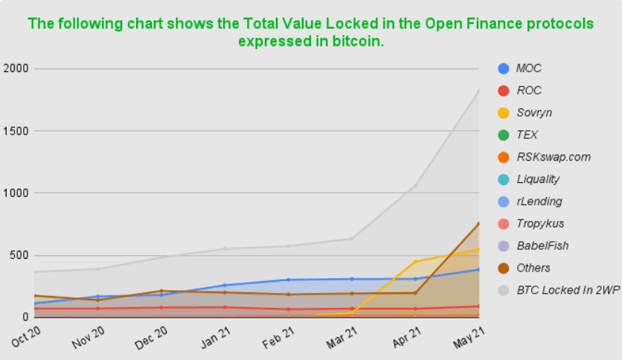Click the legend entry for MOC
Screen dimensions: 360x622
point(528,68)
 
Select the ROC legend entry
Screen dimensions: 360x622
point(528,91)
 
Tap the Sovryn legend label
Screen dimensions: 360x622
point(533,113)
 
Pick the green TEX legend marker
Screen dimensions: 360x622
point(503,135)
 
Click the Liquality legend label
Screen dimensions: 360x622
point(537,179)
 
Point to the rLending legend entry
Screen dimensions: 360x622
point(539,202)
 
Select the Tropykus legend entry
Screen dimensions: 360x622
point(539,224)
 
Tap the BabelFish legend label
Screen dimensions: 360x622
point(541,245)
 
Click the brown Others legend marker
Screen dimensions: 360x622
point(503,268)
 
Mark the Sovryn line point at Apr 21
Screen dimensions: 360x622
point(415,262)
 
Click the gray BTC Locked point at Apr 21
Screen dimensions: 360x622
point(415,185)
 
